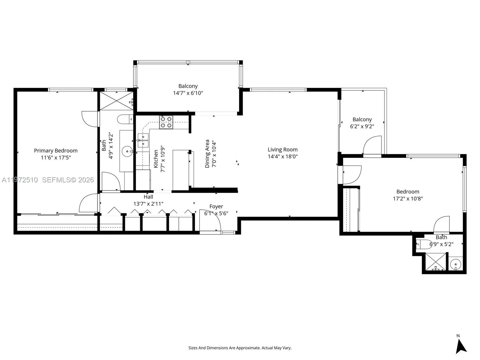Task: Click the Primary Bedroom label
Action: click(x=56, y=151)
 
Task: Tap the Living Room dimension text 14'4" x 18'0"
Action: click(x=283, y=157)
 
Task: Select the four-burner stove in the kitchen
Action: click(x=166, y=122)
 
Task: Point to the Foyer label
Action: click(x=216, y=207)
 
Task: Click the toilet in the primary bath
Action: click(x=125, y=119)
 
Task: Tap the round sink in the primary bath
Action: click(x=127, y=151)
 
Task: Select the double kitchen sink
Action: click(x=143, y=140)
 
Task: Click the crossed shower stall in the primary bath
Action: click(x=116, y=101)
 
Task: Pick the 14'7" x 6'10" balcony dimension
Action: click(x=188, y=93)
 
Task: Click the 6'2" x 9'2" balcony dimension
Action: click(x=362, y=126)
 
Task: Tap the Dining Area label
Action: click(x=207, y=154)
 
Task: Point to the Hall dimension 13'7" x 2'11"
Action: click(x=148, y=204)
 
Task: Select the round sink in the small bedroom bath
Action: click(x=456, y=265)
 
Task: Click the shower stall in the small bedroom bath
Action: click(x=436, y=262)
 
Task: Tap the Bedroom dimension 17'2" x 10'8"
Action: click(x=408, y=199)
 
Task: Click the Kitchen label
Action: click(x=156, y=159)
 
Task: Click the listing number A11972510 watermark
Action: click(x=20, y=180)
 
